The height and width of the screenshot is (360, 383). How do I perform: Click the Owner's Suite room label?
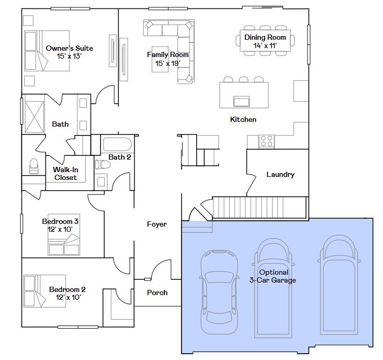70,48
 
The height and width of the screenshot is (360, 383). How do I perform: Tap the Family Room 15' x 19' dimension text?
167,63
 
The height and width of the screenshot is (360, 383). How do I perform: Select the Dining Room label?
265,37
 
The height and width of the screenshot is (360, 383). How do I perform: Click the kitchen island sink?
241,102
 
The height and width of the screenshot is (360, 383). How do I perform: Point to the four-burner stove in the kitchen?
266,141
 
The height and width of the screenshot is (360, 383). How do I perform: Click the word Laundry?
280,174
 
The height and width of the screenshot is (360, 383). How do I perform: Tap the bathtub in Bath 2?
117,144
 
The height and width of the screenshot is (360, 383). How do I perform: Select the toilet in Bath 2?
103,164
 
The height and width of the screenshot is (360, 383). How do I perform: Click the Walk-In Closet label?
65,173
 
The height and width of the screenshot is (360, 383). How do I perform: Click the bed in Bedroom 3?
64,235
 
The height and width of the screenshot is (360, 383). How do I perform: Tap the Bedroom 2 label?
67,289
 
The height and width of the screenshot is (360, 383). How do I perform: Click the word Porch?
157,292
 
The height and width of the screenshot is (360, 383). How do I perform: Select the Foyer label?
157,224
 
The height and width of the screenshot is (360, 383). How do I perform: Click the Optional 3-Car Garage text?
273,276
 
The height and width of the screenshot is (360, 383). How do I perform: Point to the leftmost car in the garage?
219,292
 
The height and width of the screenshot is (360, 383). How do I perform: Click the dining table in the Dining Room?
265,40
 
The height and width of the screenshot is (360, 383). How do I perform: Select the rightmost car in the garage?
339,285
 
